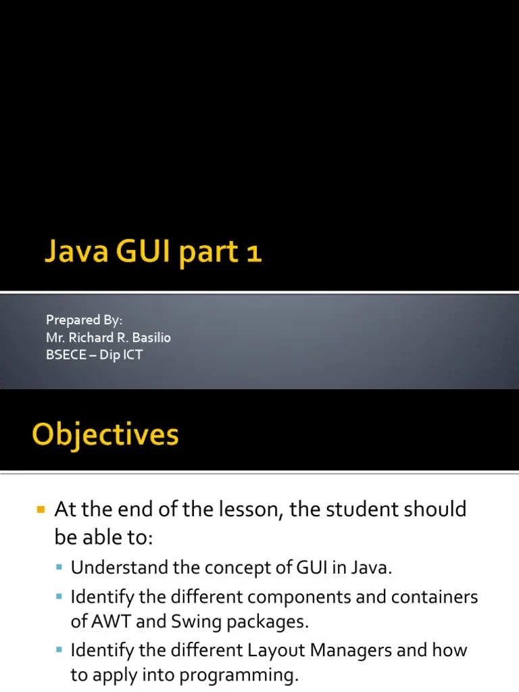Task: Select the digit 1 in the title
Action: pyautogui.click(x=253, y=253)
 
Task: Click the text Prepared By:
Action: pyautogui.click(x=83, y=320)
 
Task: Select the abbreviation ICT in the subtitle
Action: pyautogui.click(x=132, y=355)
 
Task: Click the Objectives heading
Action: pyautogui.click(x=105, y=435)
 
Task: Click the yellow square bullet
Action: pyautogui.click(x=40, y=508)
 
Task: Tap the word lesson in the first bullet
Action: pyautogui.click(x=245, y=510)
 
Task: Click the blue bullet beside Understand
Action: pyautogui.click(x=61, y=568)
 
